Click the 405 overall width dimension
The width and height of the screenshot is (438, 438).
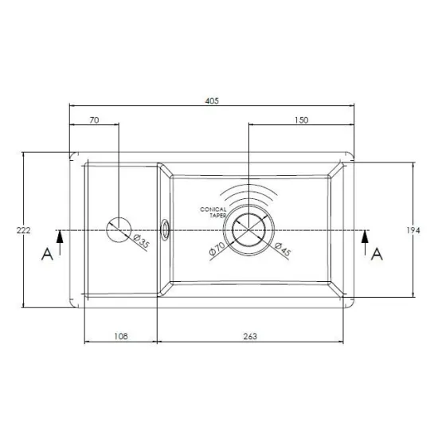[x=212, y=101]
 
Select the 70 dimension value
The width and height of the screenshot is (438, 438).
[x=95, y=120]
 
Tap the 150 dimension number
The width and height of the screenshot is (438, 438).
[x=302, y=120]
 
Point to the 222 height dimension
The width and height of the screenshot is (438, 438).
[x=23, y=230]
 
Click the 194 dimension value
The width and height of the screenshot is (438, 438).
[x=413, y=230]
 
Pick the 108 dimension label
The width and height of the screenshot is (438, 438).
[x=121, y=336]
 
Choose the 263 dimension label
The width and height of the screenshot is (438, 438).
[x=250, y=336]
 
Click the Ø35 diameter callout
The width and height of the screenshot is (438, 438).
[x=142, y=241]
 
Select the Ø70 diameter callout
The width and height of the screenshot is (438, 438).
[x=217, y=248]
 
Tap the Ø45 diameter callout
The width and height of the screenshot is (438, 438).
[x=283, y=249]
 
